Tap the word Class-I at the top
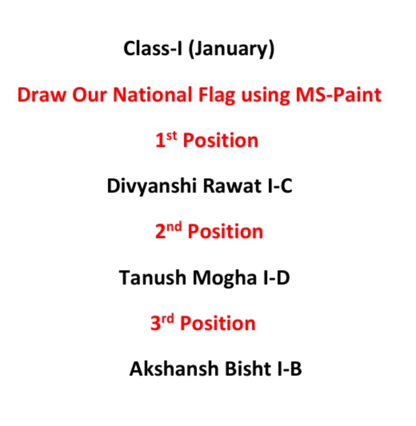(x=153, y=48)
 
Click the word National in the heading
(x=152, y=95)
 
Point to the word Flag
(x=217, y=95)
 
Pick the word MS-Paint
(x=339, y=95)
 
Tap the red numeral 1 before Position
(x=160, y=141)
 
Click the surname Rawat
(x=232, y=186)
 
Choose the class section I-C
(x=280, y=186)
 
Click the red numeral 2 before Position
(x=160, y=231)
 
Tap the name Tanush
(x=152, y=277)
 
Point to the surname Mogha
(x=224, y=279)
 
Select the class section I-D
(x=277, y=277)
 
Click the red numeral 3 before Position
(x=156, y=323)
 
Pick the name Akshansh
(x=174, y=369)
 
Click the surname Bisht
(x=248, y=369)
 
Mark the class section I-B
(x=289, y=369)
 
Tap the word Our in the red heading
(x=90, y=95)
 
